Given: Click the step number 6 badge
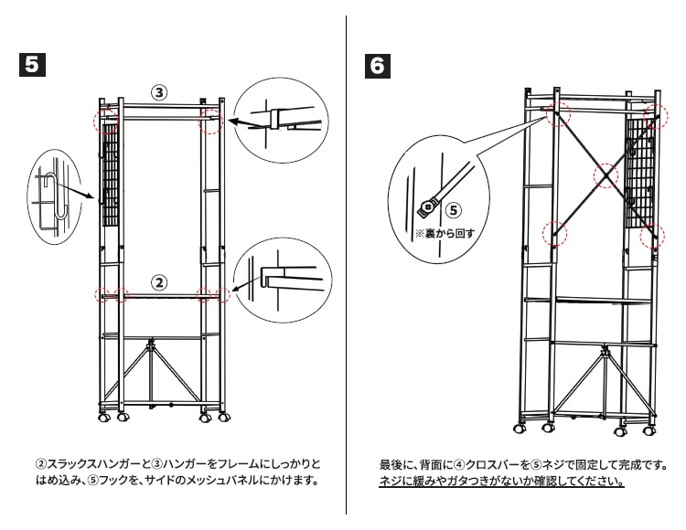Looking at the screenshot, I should tap(377, 66).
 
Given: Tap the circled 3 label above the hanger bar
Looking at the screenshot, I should tap(159, 92).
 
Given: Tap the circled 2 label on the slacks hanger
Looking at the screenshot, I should tap(159, 282).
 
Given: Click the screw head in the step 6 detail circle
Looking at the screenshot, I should tap(426, 207).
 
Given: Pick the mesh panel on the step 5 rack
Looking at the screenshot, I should tap(110, 183).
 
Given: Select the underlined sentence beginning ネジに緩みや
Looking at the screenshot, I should tap(501, 482).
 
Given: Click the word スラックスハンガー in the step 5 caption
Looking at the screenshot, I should tap(86, 463).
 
